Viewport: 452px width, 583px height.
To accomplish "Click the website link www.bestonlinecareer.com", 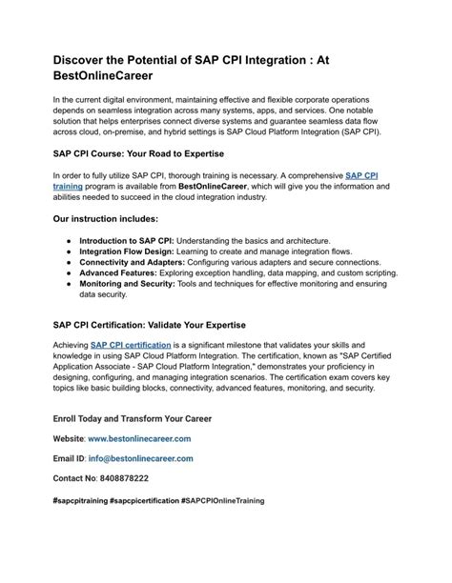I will (x=139, y=438).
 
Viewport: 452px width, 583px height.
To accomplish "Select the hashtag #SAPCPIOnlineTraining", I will (x=221, y=500).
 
